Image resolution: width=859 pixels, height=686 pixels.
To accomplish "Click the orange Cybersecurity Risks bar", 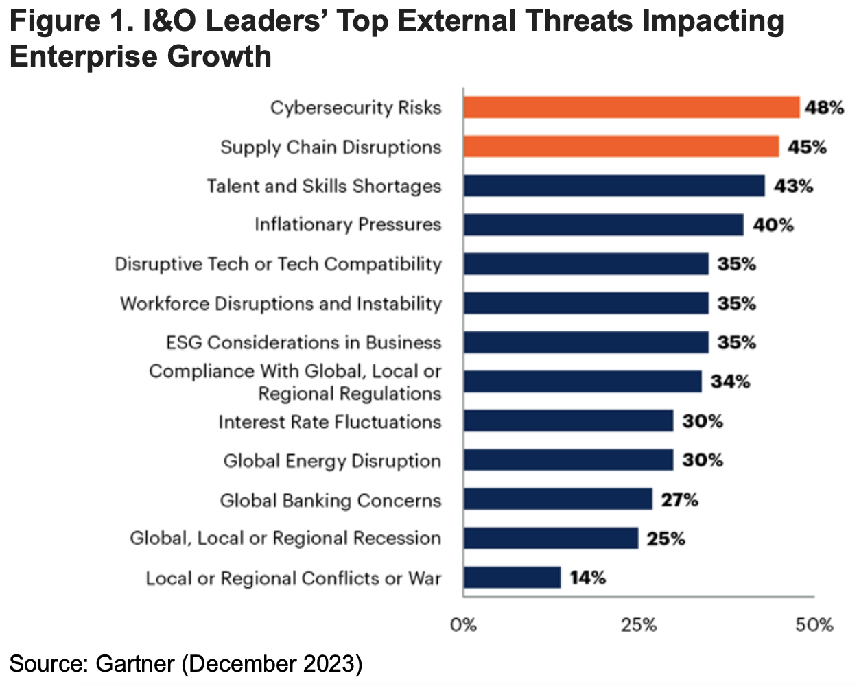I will pos(631,108).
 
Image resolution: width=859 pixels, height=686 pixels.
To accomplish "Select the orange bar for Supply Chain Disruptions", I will pos(621,147).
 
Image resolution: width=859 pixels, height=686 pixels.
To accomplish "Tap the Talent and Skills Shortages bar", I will pos(614,186).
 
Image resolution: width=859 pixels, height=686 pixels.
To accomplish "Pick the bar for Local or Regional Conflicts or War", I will pos(512,578).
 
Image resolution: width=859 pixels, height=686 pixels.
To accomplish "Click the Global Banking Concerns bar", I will pos(558,499).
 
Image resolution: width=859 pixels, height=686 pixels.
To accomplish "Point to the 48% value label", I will pos(824,108).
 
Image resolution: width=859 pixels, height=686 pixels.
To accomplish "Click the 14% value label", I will pos(587,578).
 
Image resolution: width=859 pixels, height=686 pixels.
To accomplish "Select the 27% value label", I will pos(679,499).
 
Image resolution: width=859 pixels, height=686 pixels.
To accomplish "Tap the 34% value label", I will pos(730,381).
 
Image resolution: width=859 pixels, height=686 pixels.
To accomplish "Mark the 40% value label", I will pos(773,225).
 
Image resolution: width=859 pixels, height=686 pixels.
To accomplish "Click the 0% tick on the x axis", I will pos(463,625).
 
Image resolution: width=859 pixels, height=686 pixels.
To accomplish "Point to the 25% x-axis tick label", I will pos(639,625).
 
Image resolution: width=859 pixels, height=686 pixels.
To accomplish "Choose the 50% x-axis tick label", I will pos(814,625).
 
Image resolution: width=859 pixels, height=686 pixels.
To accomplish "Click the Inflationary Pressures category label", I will pos(348,225).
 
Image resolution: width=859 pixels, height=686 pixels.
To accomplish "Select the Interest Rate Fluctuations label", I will pos(330,422).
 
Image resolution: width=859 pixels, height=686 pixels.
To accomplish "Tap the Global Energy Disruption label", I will pos(332,461).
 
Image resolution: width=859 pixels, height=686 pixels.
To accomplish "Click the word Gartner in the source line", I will pos(135,664).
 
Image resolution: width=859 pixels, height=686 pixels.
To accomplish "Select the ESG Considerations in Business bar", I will pos(586,342).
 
